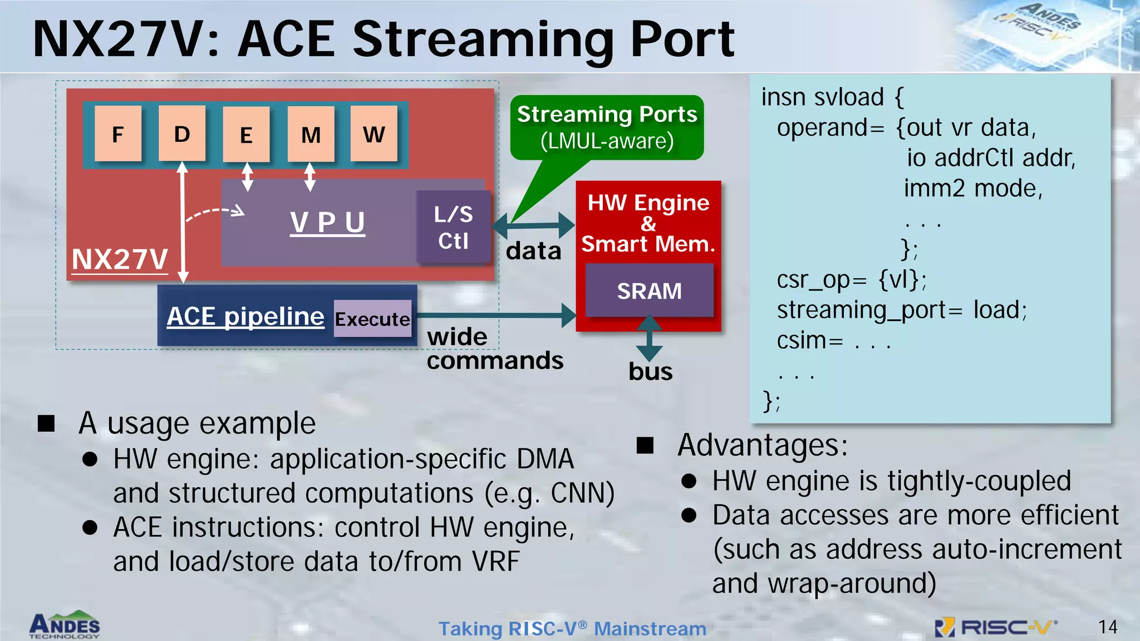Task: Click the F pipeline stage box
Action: (x=117, y=134)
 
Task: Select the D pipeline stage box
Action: (x=182, y=134)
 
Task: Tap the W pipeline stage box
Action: (x=374, y=134)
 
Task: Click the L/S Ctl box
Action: (x=454, y=227)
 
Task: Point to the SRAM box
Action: (x=649, y=290)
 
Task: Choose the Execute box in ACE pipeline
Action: (x=372, y=319)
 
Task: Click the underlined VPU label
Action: (x=327, y=223)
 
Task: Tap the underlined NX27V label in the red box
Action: (x=120, y=259)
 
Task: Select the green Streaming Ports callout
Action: (x=607, y=127)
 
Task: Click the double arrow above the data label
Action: (x=533, y=225)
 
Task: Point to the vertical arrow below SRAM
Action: (x=649, y=339)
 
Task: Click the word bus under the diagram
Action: (x=650, y=372)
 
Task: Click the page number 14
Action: (x=1108, y=627)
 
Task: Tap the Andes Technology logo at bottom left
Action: (x=65, y=625)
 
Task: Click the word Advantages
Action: (x=762, y=445)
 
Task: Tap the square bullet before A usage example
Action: (x=46, y=423)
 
